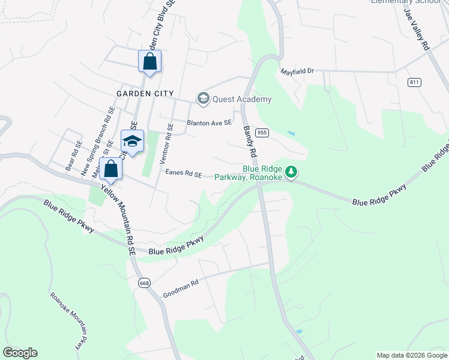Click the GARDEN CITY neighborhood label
(x=145, y=94)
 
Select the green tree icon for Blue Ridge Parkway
(x=291, y=172)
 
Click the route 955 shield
(x=261, y=132)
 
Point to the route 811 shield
(x=414, y=82)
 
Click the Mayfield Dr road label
(x=298, y=71)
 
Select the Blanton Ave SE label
(x=209, y=122)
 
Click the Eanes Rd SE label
(x=184, y=173)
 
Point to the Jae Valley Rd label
(x=417, y=29)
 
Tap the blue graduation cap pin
(x=132, y=142)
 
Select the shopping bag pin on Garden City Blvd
(x=149, y=61)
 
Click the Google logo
(x=20, y=353)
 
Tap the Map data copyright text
(x=412, y=355)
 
